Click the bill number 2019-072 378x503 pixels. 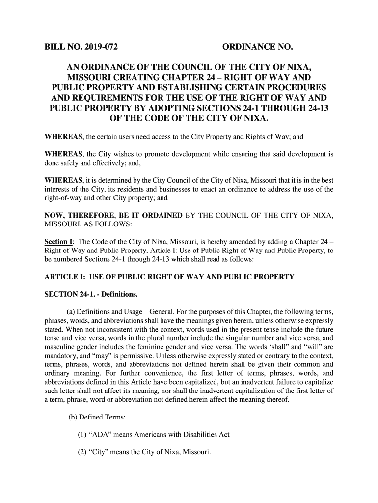[100, 48]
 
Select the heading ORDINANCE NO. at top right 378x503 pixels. [258, 48]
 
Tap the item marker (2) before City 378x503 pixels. [82, 452]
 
